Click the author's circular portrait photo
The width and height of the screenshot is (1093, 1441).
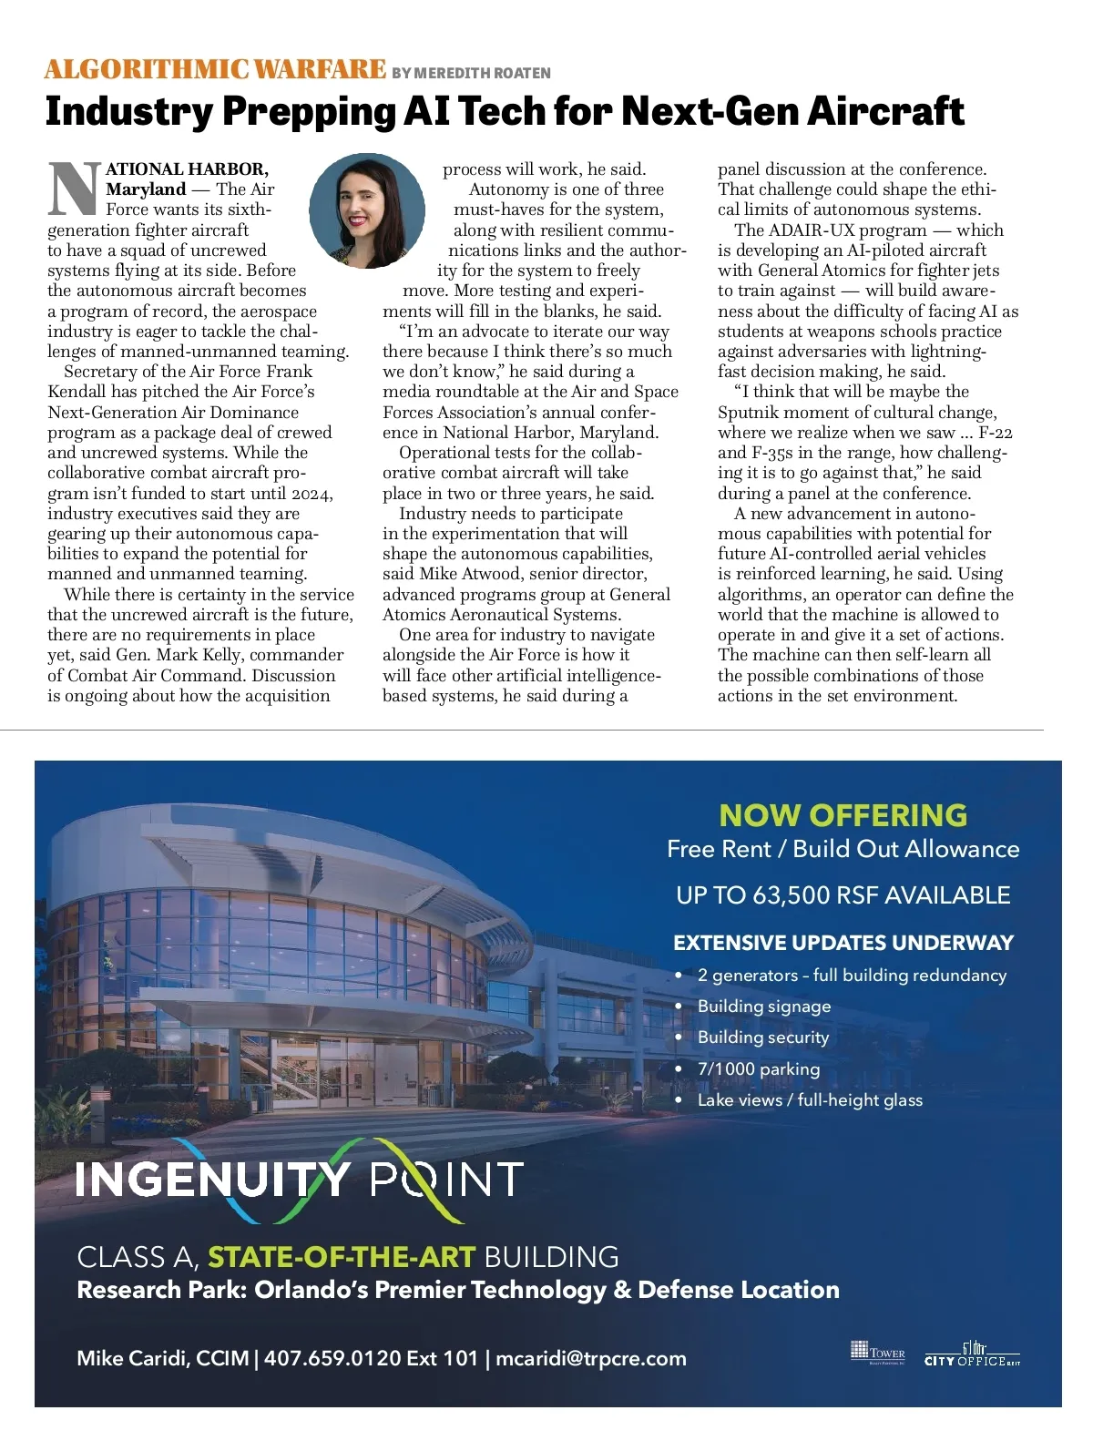tap(367, 210)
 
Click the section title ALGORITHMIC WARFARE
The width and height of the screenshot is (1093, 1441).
tap(215, 69)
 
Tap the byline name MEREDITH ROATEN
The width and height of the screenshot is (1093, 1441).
tap(483, 73)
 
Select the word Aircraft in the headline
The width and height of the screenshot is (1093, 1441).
tap(884, 111)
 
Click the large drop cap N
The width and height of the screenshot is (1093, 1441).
tap(74, 189)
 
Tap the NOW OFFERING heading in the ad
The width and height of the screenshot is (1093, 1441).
tap(843, 814)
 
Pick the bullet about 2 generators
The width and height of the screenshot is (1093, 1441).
tap(852, 976)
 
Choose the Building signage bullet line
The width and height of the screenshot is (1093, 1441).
tap(764, 1007)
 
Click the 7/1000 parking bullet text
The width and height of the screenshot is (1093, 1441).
tap(759, 1069)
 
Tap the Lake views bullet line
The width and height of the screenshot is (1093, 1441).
tap(810, 1100)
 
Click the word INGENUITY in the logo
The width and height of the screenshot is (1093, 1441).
tap(212, 1180)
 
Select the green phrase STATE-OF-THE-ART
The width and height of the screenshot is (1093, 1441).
tap(342, 1257)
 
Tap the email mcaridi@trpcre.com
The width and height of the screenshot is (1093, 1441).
tap(591, 1358)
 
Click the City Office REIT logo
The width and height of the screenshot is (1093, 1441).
tap(972, 1354)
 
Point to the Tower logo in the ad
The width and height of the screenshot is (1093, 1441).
tap(877, 1351)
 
